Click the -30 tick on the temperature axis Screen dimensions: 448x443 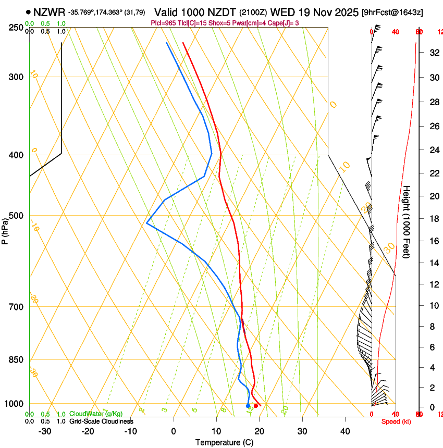coord(45,431)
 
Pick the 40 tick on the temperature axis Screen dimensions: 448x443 coord(344,431)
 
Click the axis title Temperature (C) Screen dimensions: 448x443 coord(224,442)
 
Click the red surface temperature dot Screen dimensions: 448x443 coord(256,406)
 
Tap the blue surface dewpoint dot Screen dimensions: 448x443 coord(248,406)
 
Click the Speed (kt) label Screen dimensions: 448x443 coord(396,421)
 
